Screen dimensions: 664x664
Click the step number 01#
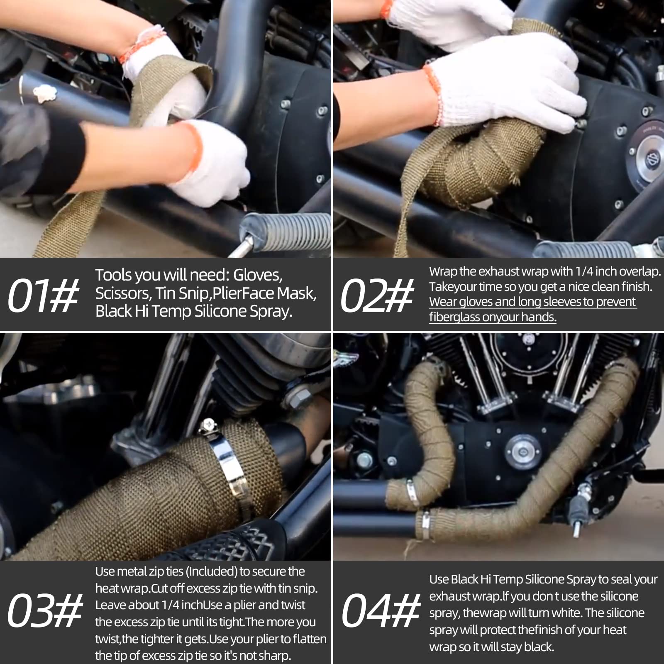tap(43, 295)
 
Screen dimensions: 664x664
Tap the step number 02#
tap(377, 295)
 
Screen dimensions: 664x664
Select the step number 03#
tap(45, 610)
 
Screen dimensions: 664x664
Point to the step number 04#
tap(381, 610)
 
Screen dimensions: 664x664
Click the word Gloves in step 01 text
tap(257, 275)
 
